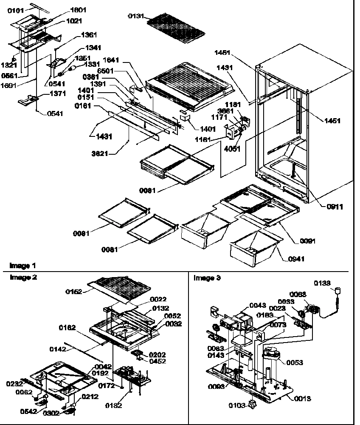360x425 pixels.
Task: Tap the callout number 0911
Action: [x=335, y=207]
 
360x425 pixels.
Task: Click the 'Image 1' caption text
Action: [x=22, y=266]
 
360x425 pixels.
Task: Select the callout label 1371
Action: [x=57, y=93]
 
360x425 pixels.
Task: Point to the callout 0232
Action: [x=14, y=384]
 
